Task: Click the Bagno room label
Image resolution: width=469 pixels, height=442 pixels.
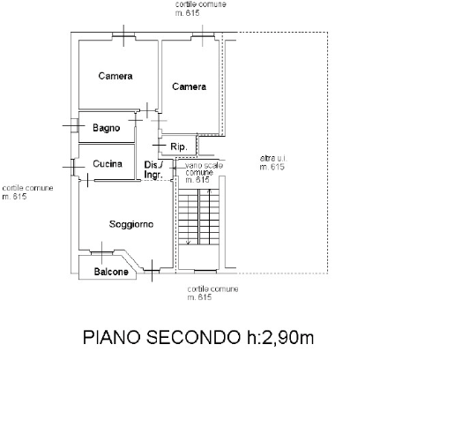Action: (106, 128)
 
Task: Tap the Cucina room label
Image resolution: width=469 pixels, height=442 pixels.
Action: (108, 164)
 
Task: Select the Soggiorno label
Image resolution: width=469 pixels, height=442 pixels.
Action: (131, 224)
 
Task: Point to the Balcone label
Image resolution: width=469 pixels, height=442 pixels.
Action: (111, 272)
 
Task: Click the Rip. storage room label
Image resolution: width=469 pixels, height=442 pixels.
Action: (179, 147)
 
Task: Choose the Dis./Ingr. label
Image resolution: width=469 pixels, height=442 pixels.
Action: (153, 169)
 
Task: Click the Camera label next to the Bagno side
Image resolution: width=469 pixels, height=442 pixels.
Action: (115, 76)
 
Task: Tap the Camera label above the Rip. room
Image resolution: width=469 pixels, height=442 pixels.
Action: (189, 86)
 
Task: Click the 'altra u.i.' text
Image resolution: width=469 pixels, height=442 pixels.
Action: (273, 158)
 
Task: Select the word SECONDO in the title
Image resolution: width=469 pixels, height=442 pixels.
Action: (193, 337)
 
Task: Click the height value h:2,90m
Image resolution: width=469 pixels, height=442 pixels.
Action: (280, 337)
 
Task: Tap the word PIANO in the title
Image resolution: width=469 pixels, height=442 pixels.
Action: (112, 337)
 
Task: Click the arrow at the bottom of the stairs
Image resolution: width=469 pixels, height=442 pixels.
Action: (188, 242)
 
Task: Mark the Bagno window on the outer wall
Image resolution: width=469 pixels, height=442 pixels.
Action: (74, 125)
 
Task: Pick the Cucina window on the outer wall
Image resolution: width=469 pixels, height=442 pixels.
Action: (72, 167)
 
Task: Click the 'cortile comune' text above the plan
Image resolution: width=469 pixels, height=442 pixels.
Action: (201, 4)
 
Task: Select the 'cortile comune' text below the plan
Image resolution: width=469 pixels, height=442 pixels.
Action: (212, 289)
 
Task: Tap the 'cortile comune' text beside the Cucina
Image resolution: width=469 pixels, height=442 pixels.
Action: (27, 188)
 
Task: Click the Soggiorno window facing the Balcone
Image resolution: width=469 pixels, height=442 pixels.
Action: (101, 253)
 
